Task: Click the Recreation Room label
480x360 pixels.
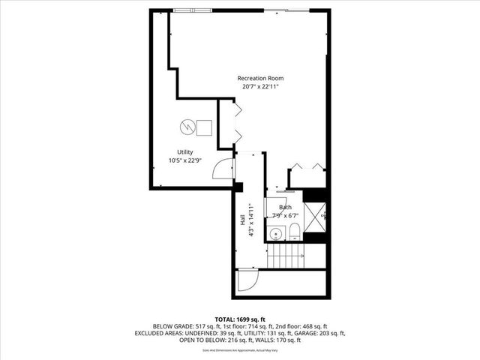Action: pos(260,79)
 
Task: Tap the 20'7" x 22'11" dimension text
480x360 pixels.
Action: pos(260,87)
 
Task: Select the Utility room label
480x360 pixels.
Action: pos(184,152)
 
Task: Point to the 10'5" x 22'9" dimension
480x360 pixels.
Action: pos(184,160)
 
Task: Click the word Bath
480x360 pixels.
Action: pos(286,207)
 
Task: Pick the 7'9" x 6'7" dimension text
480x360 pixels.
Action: pos(286,215)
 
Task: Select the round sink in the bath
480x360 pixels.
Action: pos(276,234)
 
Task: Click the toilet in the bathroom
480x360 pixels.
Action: pos(295,229)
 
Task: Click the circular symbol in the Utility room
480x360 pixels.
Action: pos(187,127)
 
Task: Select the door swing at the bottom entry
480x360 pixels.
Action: pos(246,282)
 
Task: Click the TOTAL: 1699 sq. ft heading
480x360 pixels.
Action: pos(239,319)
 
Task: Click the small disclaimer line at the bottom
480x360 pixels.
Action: pos(239,350)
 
